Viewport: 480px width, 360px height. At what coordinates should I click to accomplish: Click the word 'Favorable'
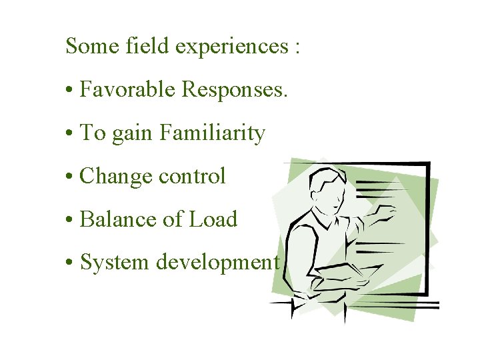(x=127, y=89)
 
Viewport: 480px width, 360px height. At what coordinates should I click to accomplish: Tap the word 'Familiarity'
(x=212, y=133)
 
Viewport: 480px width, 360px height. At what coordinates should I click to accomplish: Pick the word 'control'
(x=192, y=176)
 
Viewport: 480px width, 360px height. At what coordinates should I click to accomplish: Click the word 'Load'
(x=214, y=219)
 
